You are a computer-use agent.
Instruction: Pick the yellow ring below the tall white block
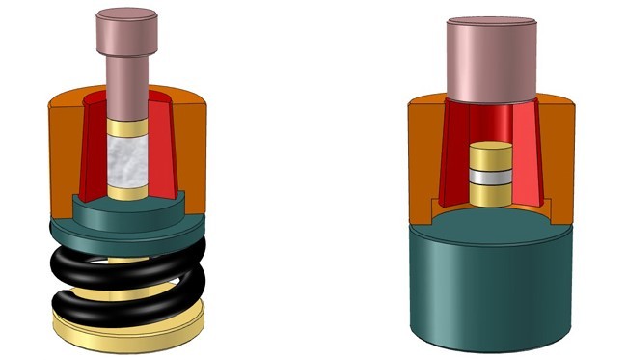pyautogui.click(x=126, y=192)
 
